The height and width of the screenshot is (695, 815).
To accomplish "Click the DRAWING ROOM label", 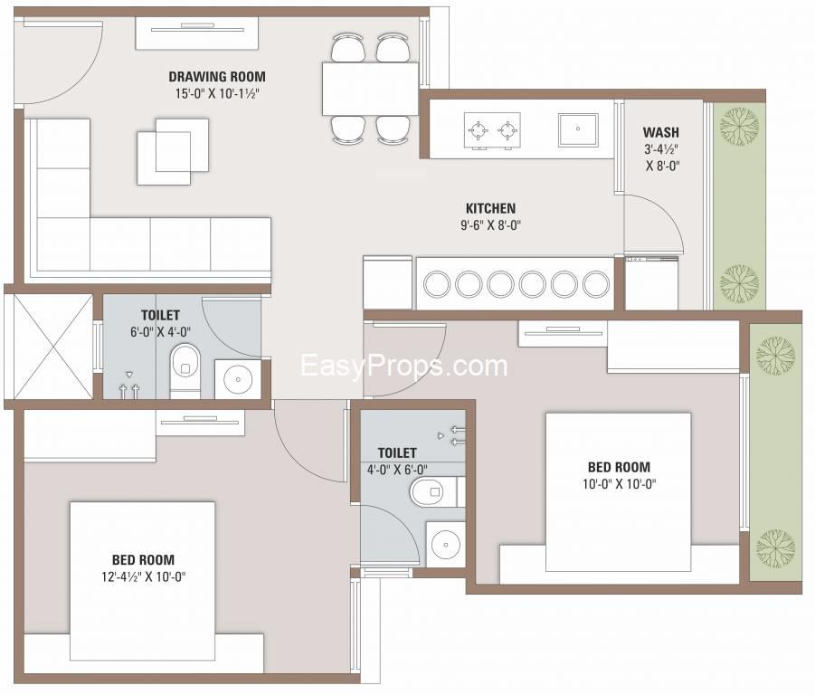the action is coord(217,77).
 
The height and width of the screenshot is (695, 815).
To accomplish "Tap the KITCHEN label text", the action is coord(490,208).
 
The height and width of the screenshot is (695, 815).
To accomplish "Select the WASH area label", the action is coord(660,132).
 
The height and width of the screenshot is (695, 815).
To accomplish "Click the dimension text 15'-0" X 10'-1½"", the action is coord(217,94).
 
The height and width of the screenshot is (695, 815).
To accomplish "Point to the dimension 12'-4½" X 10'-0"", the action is coord(144,577).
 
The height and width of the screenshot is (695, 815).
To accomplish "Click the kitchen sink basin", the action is coord(578,129).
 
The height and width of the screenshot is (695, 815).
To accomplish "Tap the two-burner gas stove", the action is coord(492,130).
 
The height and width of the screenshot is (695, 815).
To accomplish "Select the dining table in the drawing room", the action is coord(370,89).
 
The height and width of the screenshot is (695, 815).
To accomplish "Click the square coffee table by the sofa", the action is coord(173,151).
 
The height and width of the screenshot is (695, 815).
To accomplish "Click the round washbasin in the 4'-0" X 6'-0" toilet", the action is coord(445,544).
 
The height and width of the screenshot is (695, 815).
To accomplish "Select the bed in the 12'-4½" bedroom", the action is coord(143,587).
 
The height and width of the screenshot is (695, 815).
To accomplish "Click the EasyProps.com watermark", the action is coord(403,366).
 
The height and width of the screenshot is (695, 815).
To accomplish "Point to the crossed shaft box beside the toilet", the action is coord(48,347).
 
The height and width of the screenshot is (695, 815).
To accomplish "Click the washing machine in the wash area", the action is coord(651,282).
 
